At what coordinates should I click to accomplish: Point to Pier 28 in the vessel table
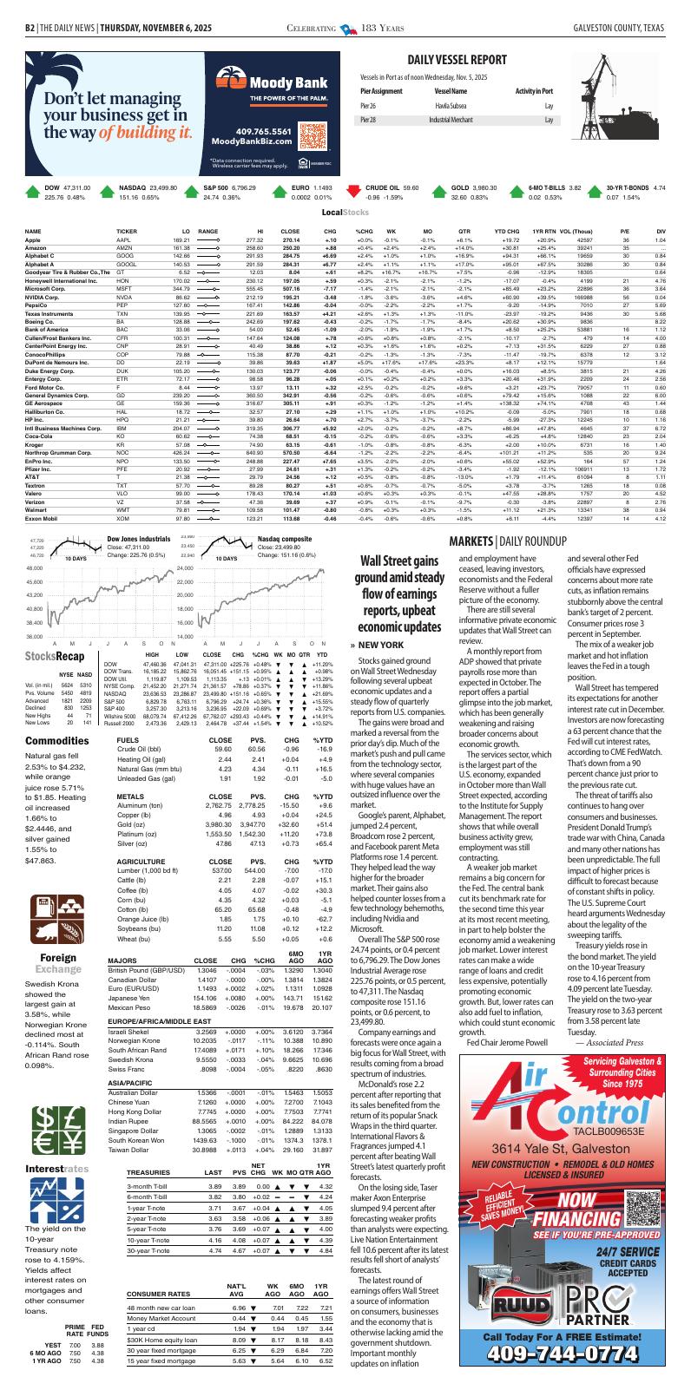click(x=368, y=120)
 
